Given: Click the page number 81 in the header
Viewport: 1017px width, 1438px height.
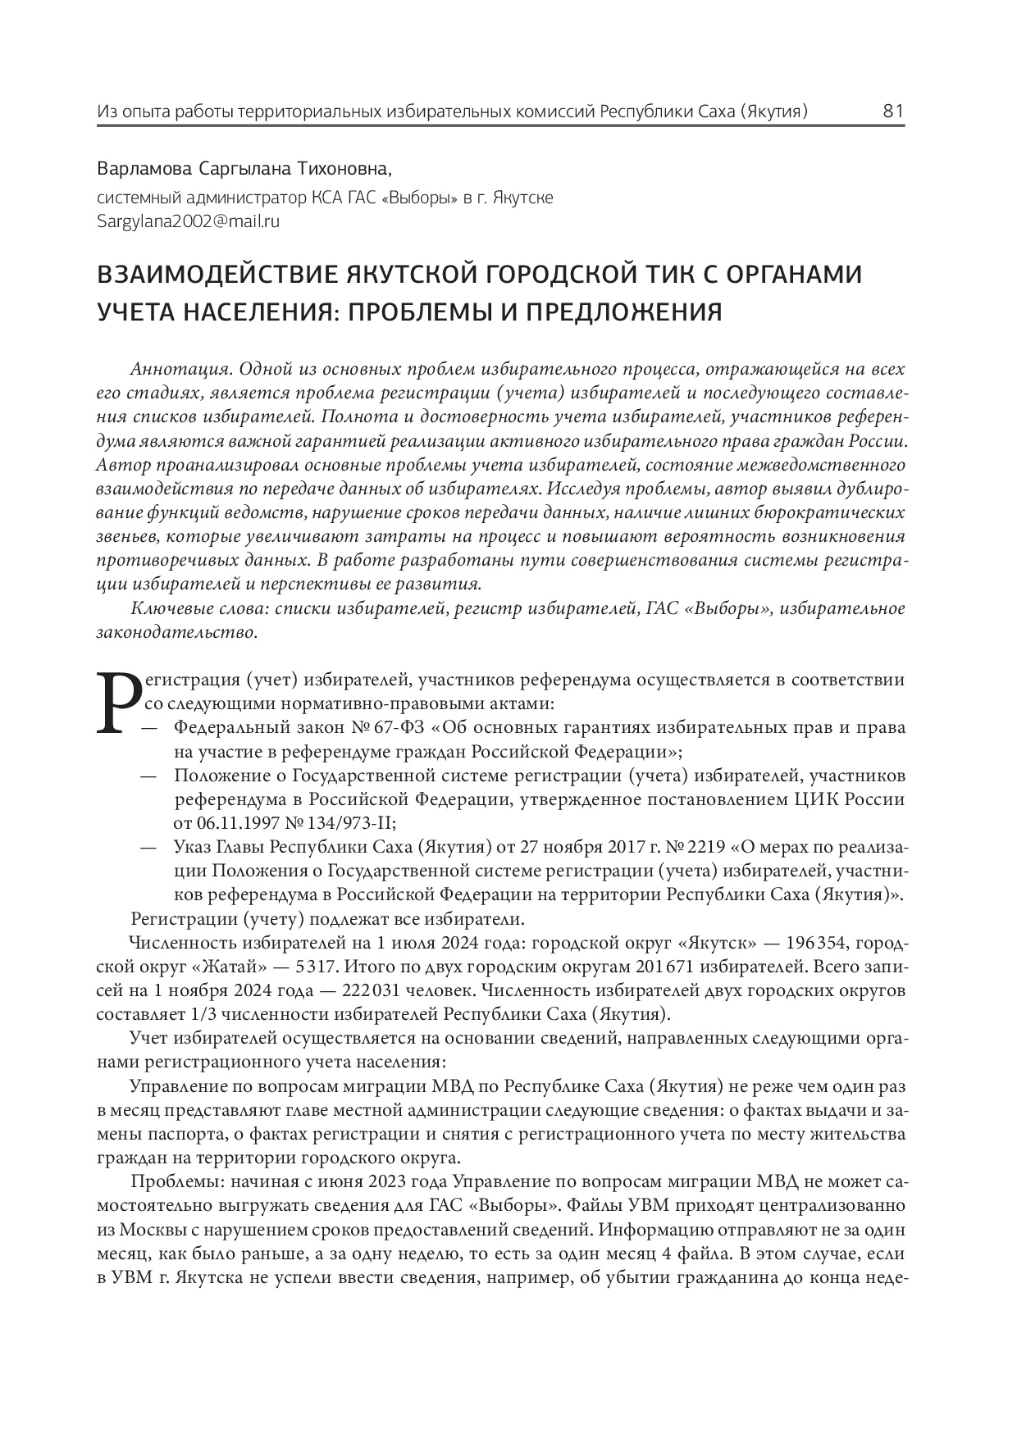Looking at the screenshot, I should (893, 111).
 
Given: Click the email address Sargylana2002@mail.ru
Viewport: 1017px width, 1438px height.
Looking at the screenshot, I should (189, 221).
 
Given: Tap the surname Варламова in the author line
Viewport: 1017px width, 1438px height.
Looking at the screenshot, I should (144, 170).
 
